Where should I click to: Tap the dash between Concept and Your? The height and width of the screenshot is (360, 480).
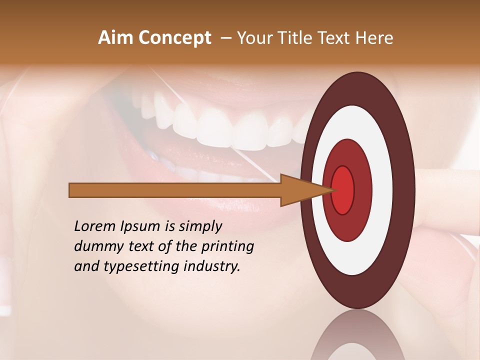point(225,38)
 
